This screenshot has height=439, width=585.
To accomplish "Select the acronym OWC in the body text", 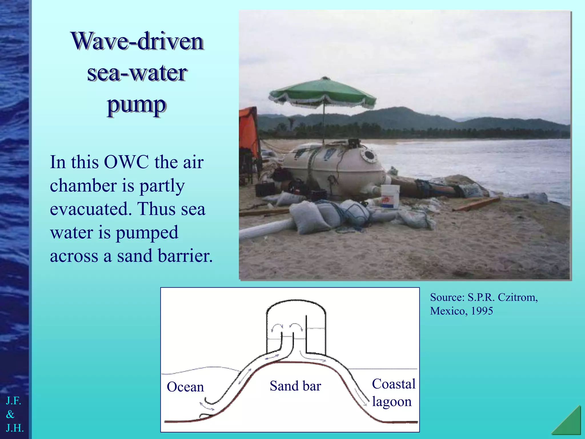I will pyautogui.click(x=126, y=162).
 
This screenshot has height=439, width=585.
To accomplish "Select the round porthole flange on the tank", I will pyautogui.click(x=369, y=155).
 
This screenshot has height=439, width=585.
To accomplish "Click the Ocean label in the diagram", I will pyautogui.click(x=185, y=387).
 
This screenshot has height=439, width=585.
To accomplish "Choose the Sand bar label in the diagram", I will pyautogui.click(x=295, y=386).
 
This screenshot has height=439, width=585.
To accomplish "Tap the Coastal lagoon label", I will pyautogui.click(x=393, y=393).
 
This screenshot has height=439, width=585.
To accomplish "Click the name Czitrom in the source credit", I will pyautogui.click(x=517, y=298).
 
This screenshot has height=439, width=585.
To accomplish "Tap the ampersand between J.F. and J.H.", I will pyautogui.click(x=10, y=414).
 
